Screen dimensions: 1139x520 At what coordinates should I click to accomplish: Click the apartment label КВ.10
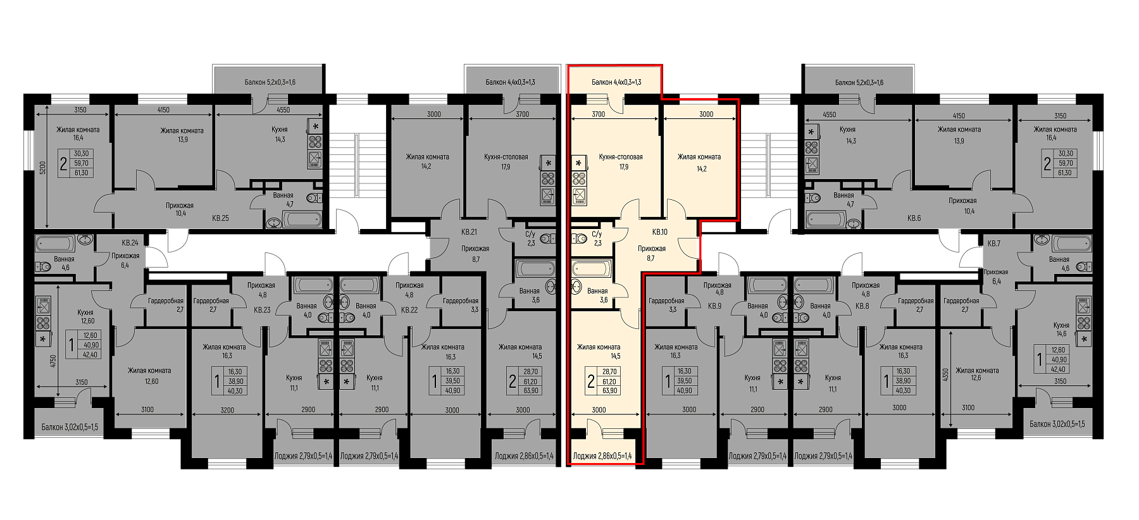pos(659,232)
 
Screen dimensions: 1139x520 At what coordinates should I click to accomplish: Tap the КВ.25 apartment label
pos(220,218)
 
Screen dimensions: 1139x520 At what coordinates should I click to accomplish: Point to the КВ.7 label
pos(993,244)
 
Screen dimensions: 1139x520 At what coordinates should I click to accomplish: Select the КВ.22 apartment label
pos(409,310)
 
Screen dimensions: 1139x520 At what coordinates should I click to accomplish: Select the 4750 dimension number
pos(53,361)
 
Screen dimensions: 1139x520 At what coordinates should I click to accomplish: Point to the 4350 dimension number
pos(946,375)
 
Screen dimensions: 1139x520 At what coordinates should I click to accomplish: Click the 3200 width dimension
pos(227,410)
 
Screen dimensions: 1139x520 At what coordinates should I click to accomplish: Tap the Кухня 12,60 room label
pos(85,316)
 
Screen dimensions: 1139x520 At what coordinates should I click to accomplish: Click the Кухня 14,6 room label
pos(1061,329)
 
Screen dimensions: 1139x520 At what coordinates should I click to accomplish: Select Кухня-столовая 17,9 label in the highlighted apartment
pos(621,162)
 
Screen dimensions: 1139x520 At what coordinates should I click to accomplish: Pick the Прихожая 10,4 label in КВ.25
pos(180,209)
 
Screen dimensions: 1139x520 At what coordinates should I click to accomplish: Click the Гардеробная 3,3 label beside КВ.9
pos(666,305)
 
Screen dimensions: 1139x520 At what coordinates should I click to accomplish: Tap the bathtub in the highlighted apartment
pos(591,268)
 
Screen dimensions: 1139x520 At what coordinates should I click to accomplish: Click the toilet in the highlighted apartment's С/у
pos(579,238)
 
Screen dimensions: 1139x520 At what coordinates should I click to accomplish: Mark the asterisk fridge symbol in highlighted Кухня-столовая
pos(578,163)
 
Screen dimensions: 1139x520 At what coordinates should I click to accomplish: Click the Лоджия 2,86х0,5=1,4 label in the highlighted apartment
pos(602,455)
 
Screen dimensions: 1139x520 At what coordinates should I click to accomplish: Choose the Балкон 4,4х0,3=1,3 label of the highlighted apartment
pos(616,82)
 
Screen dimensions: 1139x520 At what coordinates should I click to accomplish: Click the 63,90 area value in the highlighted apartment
pos(610,390)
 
